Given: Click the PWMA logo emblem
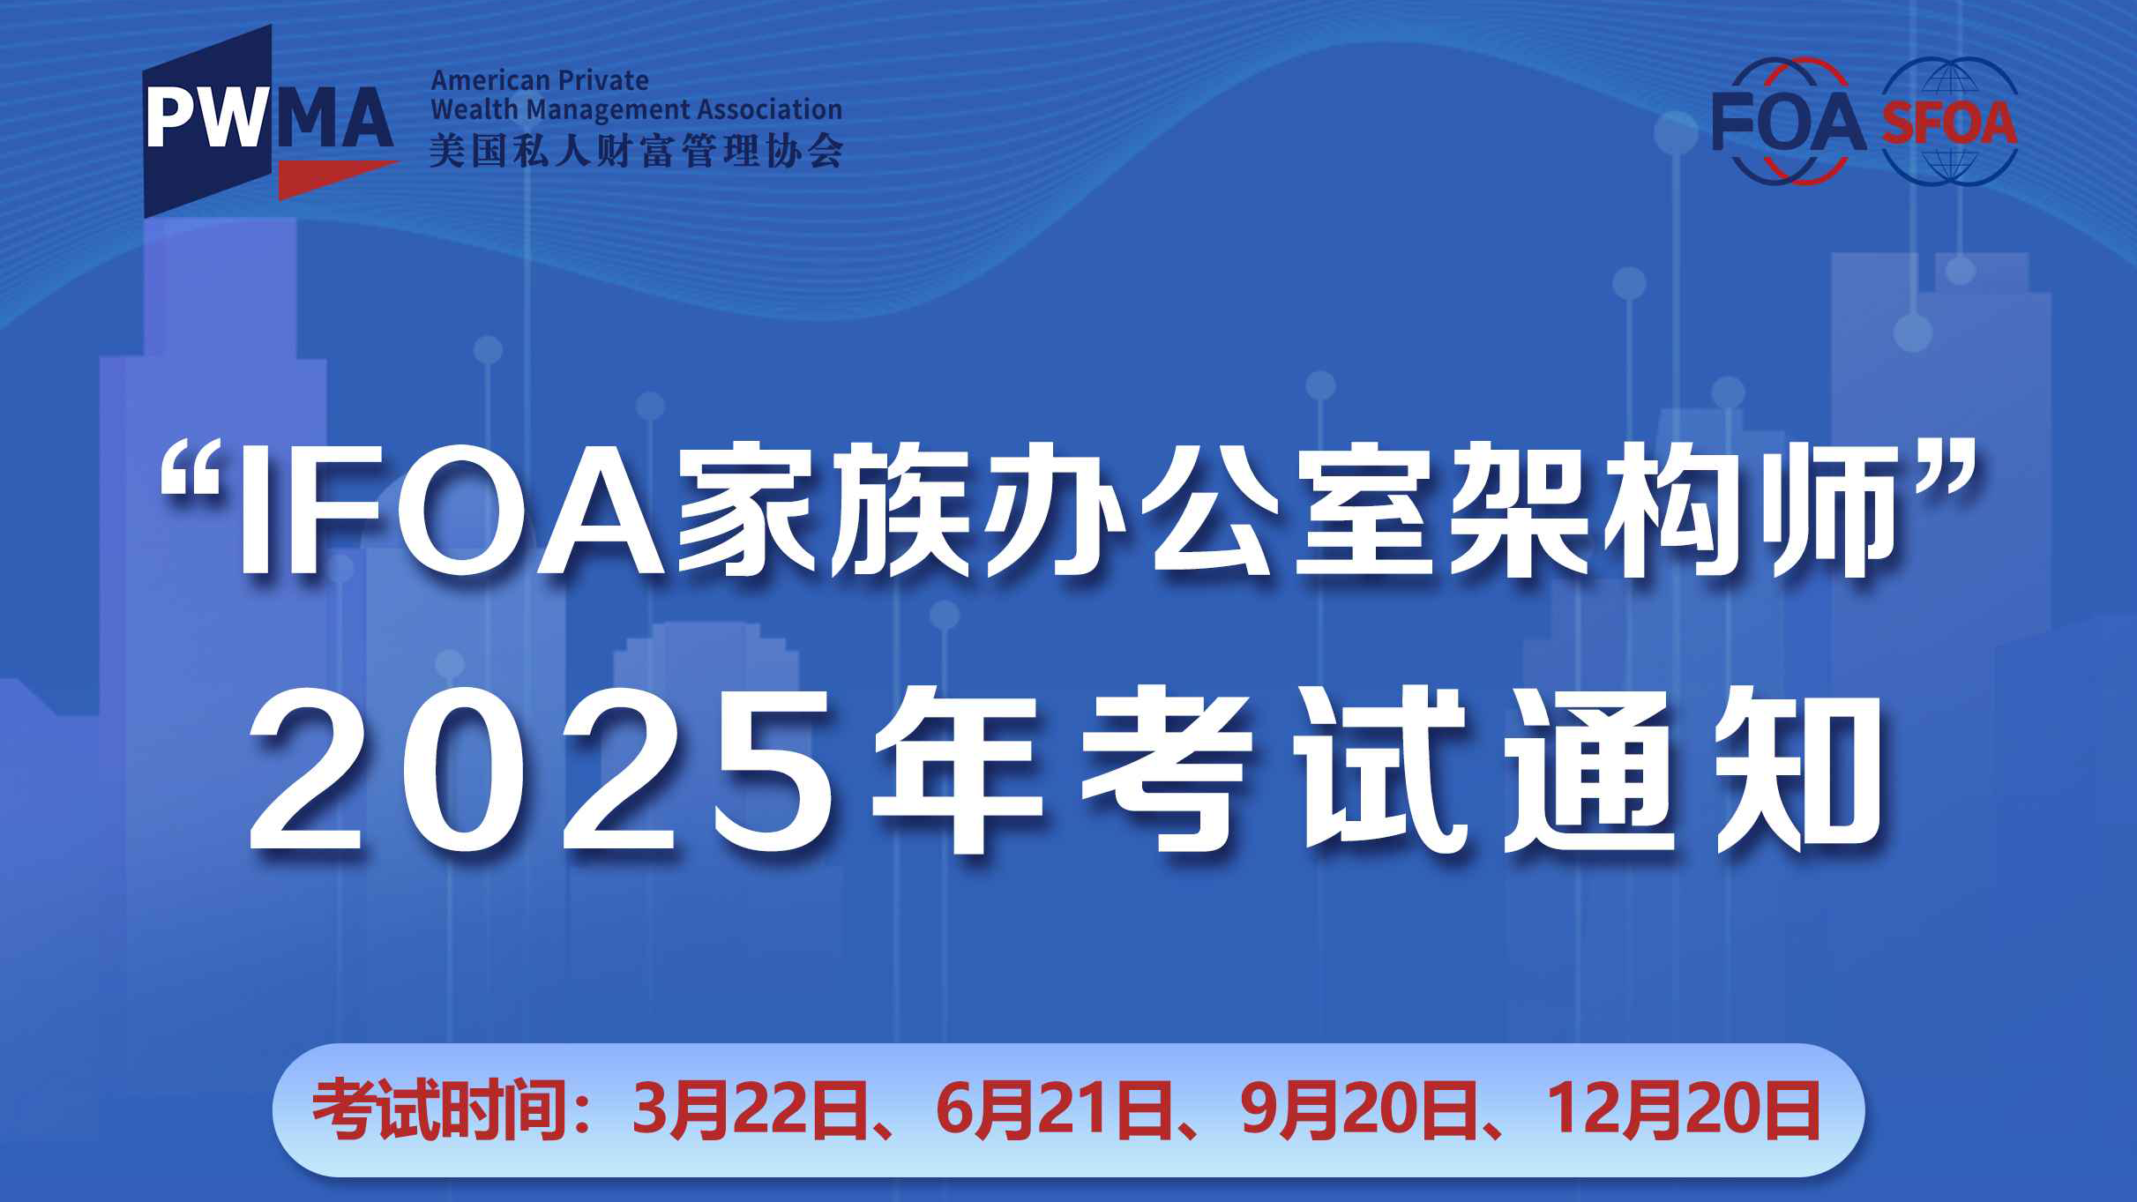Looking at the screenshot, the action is pos(270,121).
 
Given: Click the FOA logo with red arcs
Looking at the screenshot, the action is pos(1789,122).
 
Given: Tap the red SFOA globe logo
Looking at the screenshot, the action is pos(1949,122).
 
